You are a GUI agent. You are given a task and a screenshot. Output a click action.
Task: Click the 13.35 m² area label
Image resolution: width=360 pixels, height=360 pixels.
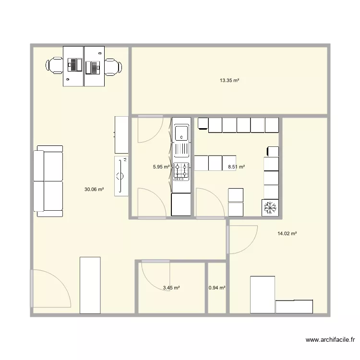click(x=229, y=81)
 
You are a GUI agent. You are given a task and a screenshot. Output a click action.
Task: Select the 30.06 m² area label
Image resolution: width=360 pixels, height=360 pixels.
click(x=94, y=190)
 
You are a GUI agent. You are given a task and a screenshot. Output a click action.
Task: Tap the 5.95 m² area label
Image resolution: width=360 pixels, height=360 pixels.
click(x=161, y=167)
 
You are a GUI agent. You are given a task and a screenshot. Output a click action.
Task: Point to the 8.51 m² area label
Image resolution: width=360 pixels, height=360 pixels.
click(x=236, y=167)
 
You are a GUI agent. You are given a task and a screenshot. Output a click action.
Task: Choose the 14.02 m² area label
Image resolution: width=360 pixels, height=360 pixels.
click(x=287, y=234)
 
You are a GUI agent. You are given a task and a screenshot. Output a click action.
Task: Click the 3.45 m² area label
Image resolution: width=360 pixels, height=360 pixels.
click(x=171, y=288)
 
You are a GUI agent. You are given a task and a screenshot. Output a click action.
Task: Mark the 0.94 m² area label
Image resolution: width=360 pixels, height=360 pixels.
click(x=217, y=288)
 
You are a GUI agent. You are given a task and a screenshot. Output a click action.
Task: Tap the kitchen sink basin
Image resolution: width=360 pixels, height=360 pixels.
click(x=181, y=133)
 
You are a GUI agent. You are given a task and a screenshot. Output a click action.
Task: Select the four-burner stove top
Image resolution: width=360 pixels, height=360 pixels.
click(x=181, y=169)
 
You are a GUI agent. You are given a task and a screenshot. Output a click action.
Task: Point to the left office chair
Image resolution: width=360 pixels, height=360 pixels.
click(x=55, y=66)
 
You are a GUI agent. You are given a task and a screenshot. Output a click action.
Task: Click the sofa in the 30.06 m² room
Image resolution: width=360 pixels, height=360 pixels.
click(x=48, y=181)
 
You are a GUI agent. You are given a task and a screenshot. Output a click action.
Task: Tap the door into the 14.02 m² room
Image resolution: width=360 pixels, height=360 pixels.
click(x=241, y=239)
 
